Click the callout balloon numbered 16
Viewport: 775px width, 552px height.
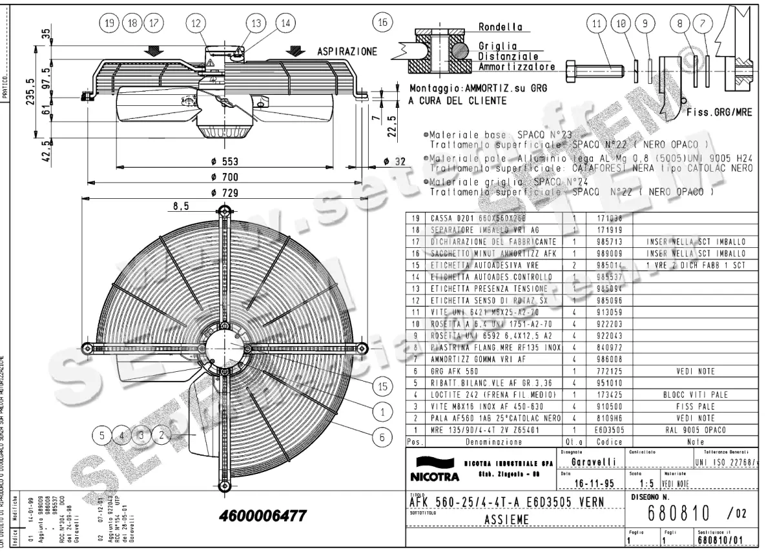pos(383,21)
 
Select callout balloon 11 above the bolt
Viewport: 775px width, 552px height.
pos(597,23)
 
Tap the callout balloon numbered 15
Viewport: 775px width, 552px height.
pos(382,387)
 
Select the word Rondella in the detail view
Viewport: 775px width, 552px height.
pos(500,28)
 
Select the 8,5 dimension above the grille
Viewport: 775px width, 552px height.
pos(181,206)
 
